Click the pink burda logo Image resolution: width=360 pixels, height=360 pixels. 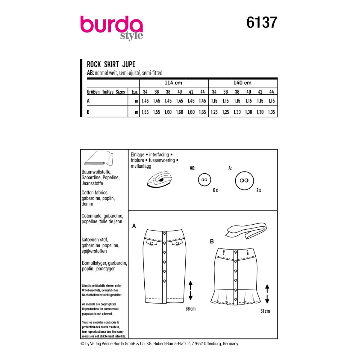pyautogui.click(x=112, y=25)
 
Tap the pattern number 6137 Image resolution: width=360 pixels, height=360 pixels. pyautogui.click(x=262, y=22)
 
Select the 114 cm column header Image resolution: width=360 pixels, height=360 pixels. pyautogui.click(x=174, y=83)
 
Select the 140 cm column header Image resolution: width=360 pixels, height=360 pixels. pyautogui.click(x=242, y=83)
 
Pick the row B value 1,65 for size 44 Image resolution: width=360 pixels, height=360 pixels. pyautogui.click(x=202, y=112)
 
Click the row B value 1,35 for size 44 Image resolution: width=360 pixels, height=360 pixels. pyautogui.click(x=271, y=112)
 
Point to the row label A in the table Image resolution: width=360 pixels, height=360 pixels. pyautogui.click(x=88, y=101)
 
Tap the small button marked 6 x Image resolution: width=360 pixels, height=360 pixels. pyautogui.click(x=204, y=180)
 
